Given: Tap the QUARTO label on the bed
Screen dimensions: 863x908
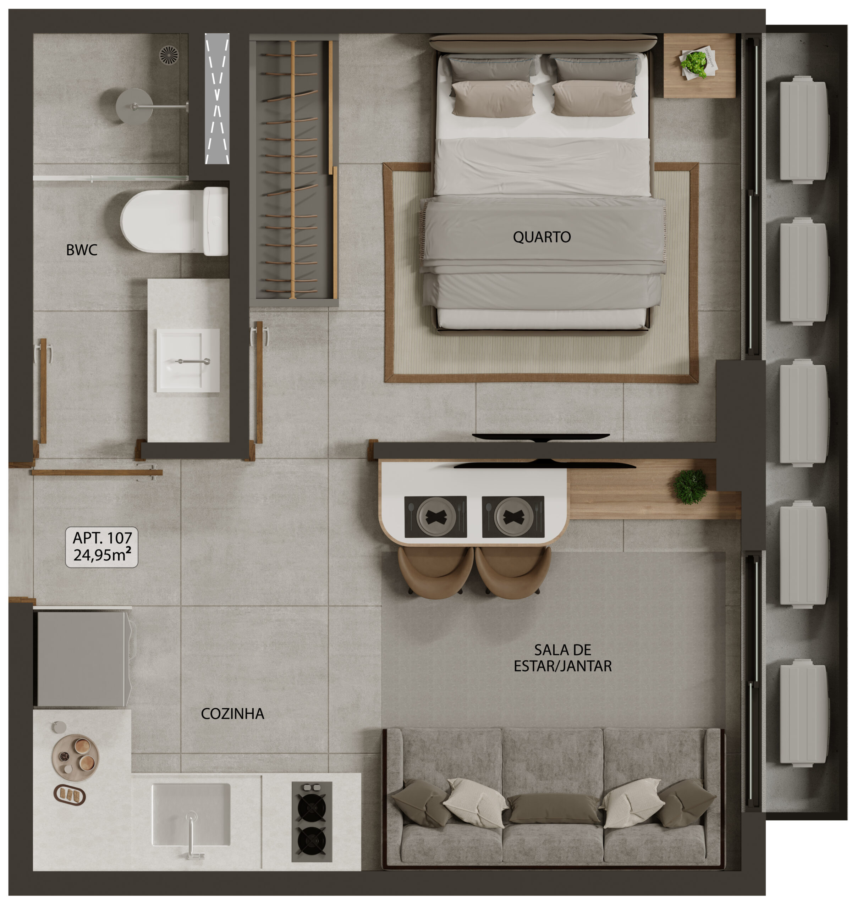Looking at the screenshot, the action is [x=542, y=237].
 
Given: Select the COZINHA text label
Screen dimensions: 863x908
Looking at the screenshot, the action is [x=232, y=714].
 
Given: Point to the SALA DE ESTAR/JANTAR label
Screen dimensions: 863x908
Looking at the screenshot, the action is [x=562, y=658].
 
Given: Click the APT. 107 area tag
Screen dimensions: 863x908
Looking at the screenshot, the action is [x=101, y=547].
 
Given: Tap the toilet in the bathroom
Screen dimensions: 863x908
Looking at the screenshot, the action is [x=174, y=221].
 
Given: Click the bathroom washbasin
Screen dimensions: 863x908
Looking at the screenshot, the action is [x=188, y=360].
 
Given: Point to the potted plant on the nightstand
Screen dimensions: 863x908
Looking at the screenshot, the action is [x=694, y=63].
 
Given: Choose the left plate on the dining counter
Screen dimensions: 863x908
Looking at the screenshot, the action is [x=436, y=517].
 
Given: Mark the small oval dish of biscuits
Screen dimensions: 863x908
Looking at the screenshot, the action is [x=70, y=795].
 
